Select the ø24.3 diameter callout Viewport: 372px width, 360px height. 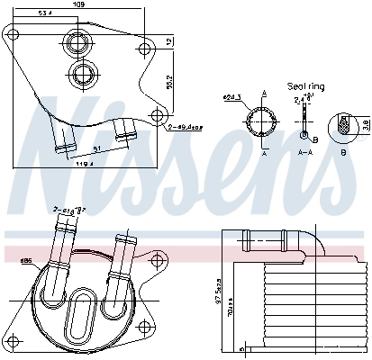click(x=231, y=97)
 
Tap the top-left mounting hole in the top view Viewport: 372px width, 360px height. click(x=11, y=36)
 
